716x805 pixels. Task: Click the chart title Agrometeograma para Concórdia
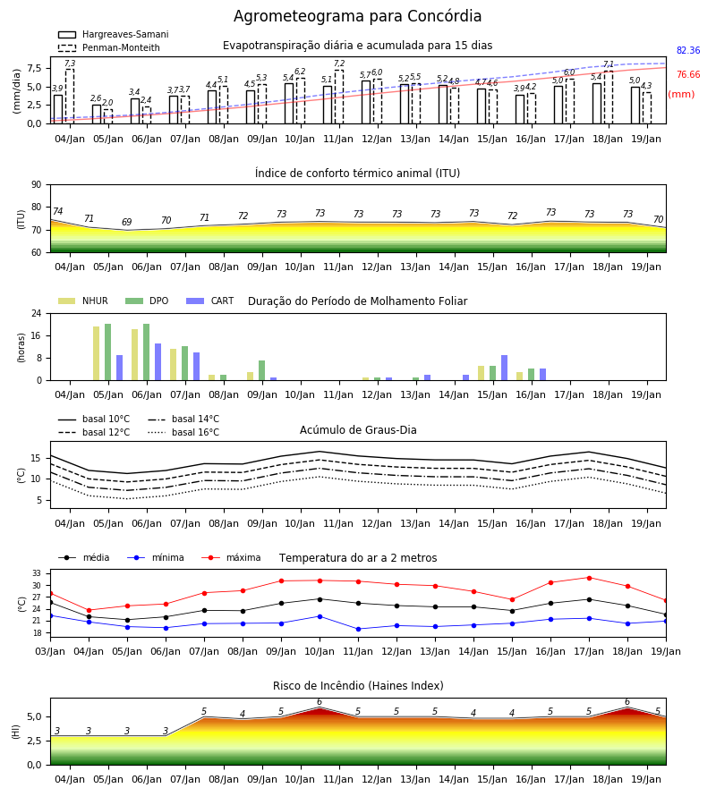pos(357,16)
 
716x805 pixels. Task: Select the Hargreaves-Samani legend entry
pos(114,34)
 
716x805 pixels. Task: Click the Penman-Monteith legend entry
pos(109,47)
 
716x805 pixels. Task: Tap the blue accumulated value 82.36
pos(688,50)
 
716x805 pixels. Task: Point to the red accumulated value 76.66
pos(688,74)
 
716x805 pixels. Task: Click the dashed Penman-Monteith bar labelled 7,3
pos(70,96)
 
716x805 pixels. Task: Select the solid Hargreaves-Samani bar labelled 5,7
pos(366,102)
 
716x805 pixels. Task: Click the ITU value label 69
pos(127,222)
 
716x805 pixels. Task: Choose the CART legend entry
pos(210,301)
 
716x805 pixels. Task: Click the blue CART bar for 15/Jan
pos(505,368)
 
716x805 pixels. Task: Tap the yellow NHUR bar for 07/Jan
pos(174,365)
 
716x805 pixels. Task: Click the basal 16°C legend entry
pos(183,432)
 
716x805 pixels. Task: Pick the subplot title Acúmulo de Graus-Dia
pos(358,429)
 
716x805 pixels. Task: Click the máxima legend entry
pos(231,557)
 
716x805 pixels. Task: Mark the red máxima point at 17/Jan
pos(589,578)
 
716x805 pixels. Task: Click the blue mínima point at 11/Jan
pos(359,629)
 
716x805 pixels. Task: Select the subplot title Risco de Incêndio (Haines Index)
pos(358,685)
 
